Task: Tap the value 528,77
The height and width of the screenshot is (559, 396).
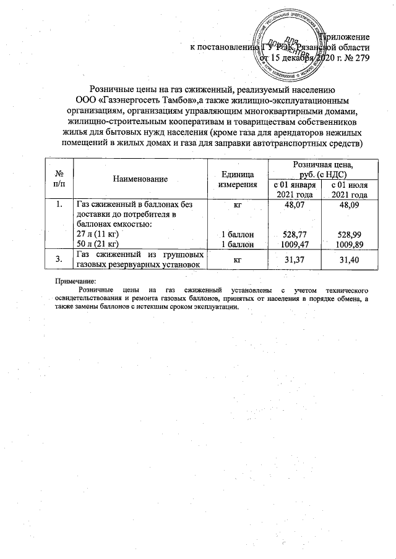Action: point(295,235)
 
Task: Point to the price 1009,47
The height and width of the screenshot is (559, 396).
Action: point(295,245)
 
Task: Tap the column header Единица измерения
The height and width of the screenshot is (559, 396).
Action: point(238,179)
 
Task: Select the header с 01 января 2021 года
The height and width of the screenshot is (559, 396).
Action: point(295,190)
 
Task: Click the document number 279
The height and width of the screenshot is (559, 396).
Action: point(362,59)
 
